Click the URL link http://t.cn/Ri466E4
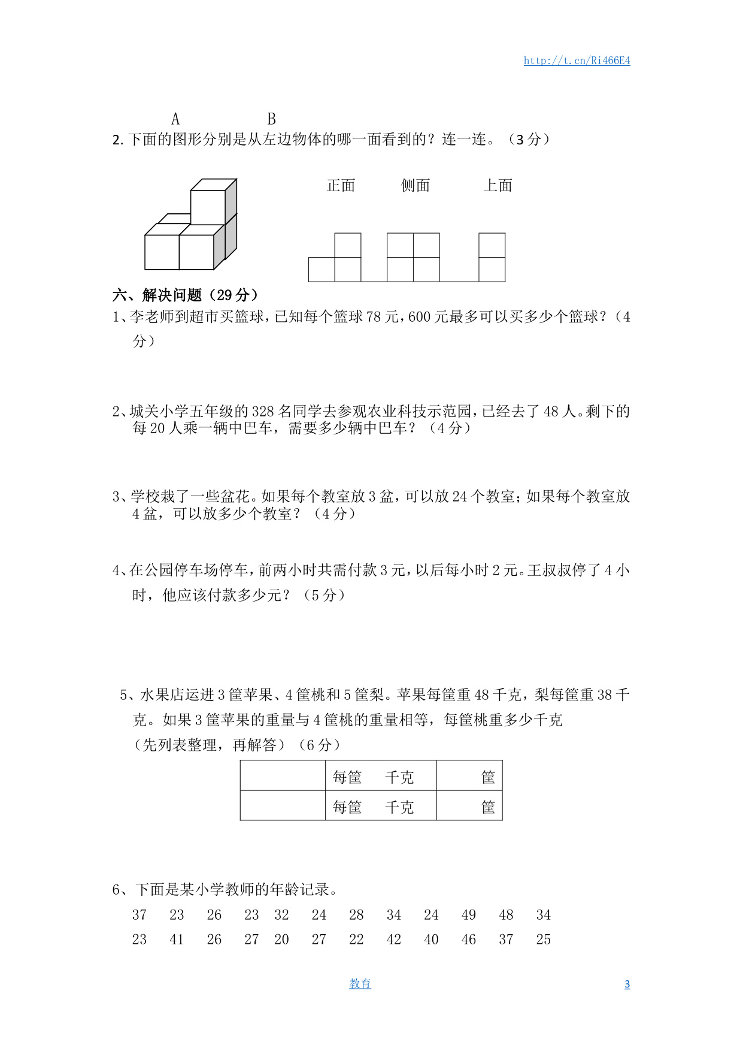[577, 61]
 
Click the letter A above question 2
[175, 119]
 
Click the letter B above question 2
[271, 119]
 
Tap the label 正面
[341, 186]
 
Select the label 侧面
[416, 186]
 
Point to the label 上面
[498, 186]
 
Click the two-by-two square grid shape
[413, 257]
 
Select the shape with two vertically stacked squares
[492, 257]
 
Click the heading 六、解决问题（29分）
[186, 295]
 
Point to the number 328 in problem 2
[263, 412]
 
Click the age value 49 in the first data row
[469, 915]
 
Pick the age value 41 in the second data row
[177, 940]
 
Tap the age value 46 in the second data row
[469, 940]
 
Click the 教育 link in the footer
[360, 984]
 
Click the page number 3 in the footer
[627, 984]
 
